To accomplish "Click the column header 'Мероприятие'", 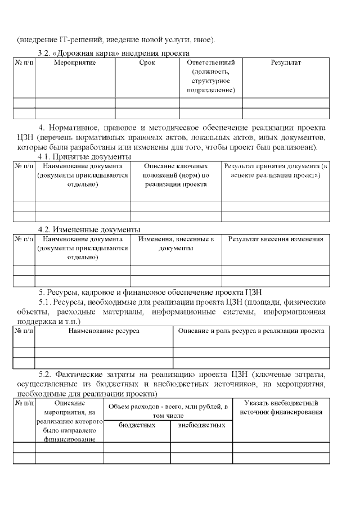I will (75, 62).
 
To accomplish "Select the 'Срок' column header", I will (147, 62).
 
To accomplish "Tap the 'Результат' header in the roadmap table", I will (286, 62).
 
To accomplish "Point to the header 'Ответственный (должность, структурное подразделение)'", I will (210, 76).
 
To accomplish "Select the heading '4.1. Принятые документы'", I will (84, 157).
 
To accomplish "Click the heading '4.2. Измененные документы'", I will (89, 229).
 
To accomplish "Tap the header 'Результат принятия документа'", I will (276, 171).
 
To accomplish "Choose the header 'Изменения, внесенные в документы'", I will (175, 244).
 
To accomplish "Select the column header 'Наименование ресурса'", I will (103, 331).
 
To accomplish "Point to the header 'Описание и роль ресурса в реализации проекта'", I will (251, 331).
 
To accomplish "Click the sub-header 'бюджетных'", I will (137, 425).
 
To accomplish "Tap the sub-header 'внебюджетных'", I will (201, 425).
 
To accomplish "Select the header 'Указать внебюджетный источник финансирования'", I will (281, 408).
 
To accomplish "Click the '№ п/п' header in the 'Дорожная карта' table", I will (24, 62).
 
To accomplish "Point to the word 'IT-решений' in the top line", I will (78, 40).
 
